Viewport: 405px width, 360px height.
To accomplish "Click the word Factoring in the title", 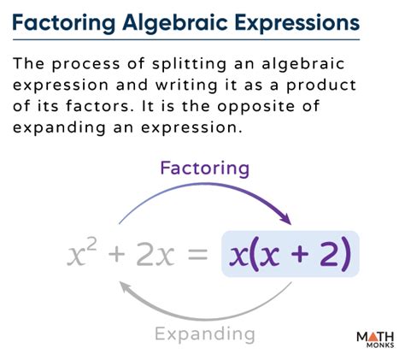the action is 64,24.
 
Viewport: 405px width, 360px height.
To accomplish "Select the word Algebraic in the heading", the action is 175,24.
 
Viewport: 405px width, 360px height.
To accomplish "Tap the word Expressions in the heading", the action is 297,24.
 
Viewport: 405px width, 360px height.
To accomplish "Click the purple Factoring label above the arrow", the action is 205,168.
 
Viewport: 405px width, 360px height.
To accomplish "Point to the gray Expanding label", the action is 205,333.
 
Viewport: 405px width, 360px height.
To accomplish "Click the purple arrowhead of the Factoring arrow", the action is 285,218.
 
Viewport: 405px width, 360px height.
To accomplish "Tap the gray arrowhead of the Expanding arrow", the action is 126,287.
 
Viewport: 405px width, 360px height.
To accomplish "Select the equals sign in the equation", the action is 197,255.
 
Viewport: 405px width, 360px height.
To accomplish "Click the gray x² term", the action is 82,252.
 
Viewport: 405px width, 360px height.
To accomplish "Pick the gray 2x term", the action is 156,254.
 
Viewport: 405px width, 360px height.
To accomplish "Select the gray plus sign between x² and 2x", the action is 117,255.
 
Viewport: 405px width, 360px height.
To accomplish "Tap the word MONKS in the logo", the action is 380,345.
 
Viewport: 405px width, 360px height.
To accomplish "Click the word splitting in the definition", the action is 190,64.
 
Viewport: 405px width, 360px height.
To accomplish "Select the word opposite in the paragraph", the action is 255,107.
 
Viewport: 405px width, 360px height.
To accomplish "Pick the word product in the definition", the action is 321,86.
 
